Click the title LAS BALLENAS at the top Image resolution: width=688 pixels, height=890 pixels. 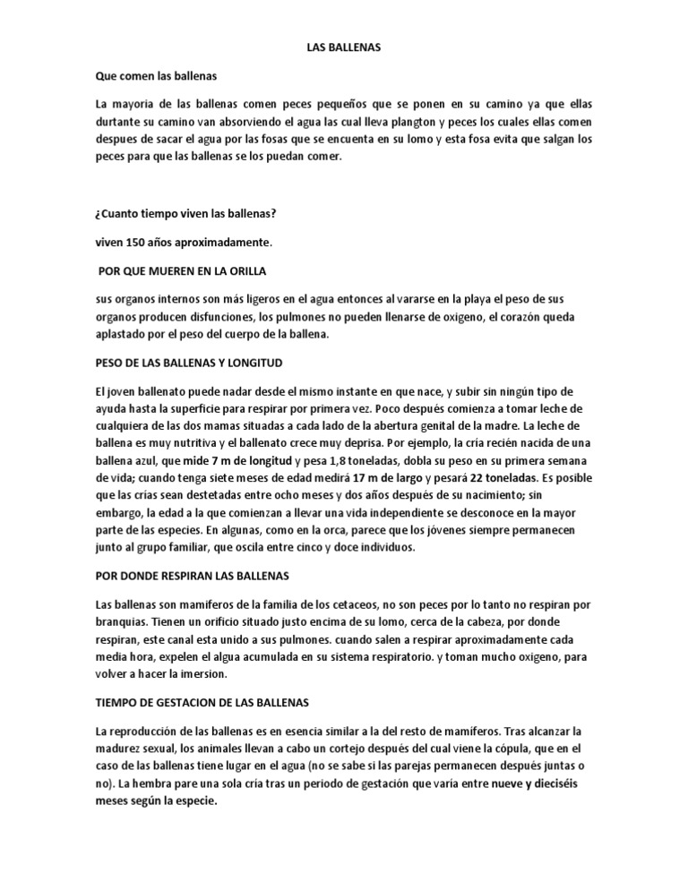tap(344, 47)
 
